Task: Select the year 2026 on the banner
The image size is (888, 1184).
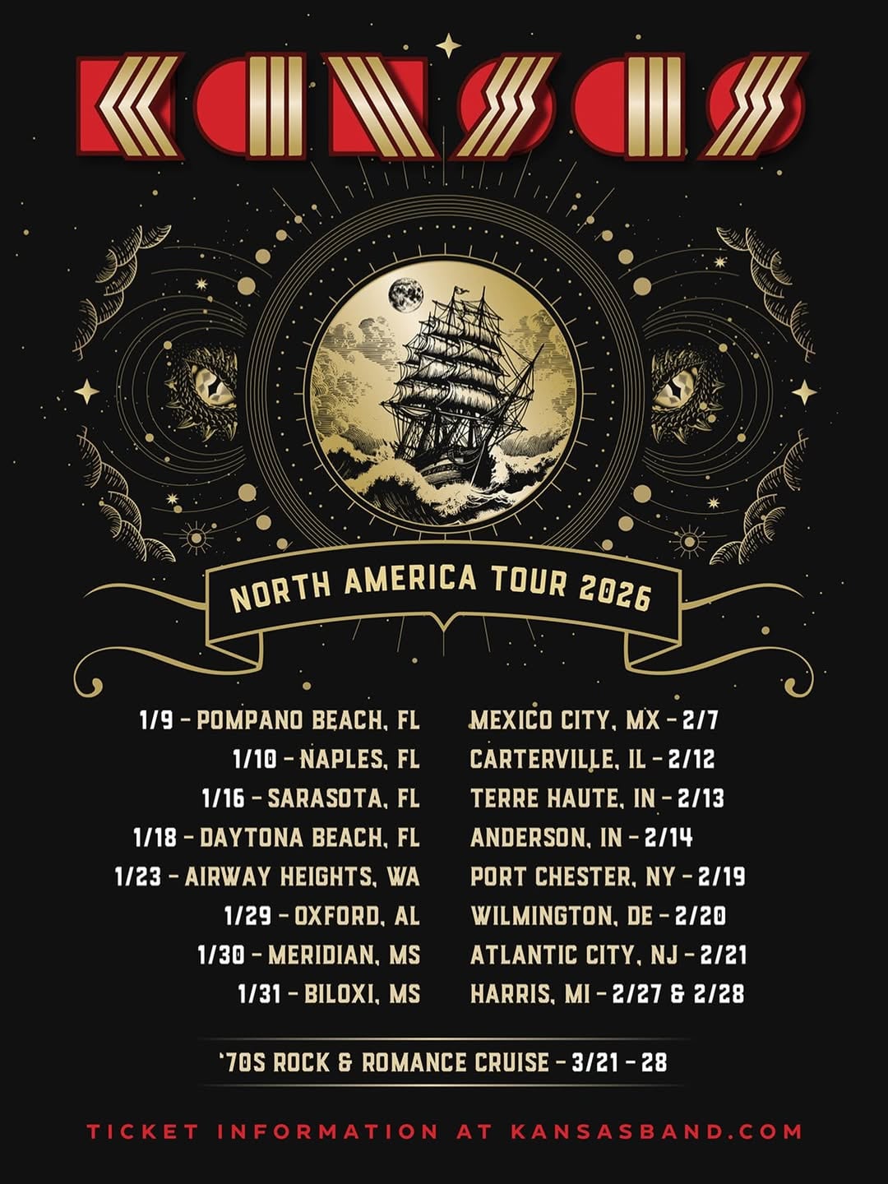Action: point(615,591)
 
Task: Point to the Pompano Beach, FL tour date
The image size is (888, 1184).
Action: point(280,721)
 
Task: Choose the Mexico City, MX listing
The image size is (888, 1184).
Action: point(594,721)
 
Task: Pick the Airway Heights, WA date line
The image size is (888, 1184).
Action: point(267,876)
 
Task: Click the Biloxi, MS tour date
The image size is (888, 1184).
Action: point(329,994)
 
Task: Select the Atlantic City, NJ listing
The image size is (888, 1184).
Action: point(608,955)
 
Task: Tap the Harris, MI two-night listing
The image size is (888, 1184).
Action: point(607,994)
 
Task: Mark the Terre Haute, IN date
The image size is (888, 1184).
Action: point(597,798)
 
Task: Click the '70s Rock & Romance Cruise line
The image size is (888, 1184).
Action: point(443,1062)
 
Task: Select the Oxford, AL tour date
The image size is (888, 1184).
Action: point(321,916)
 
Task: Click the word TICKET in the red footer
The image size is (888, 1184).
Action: point(143,1131)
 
